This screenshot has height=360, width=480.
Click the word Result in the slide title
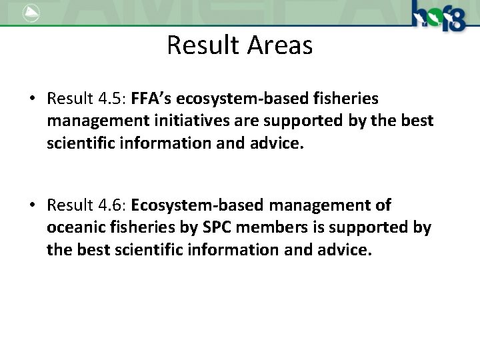click(203, 46)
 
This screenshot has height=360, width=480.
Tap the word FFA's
click(153, 99)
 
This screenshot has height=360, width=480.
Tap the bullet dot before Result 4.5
click(32, 99)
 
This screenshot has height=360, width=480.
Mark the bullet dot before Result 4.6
click(32, 205)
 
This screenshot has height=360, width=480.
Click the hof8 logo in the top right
click(439, 16)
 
